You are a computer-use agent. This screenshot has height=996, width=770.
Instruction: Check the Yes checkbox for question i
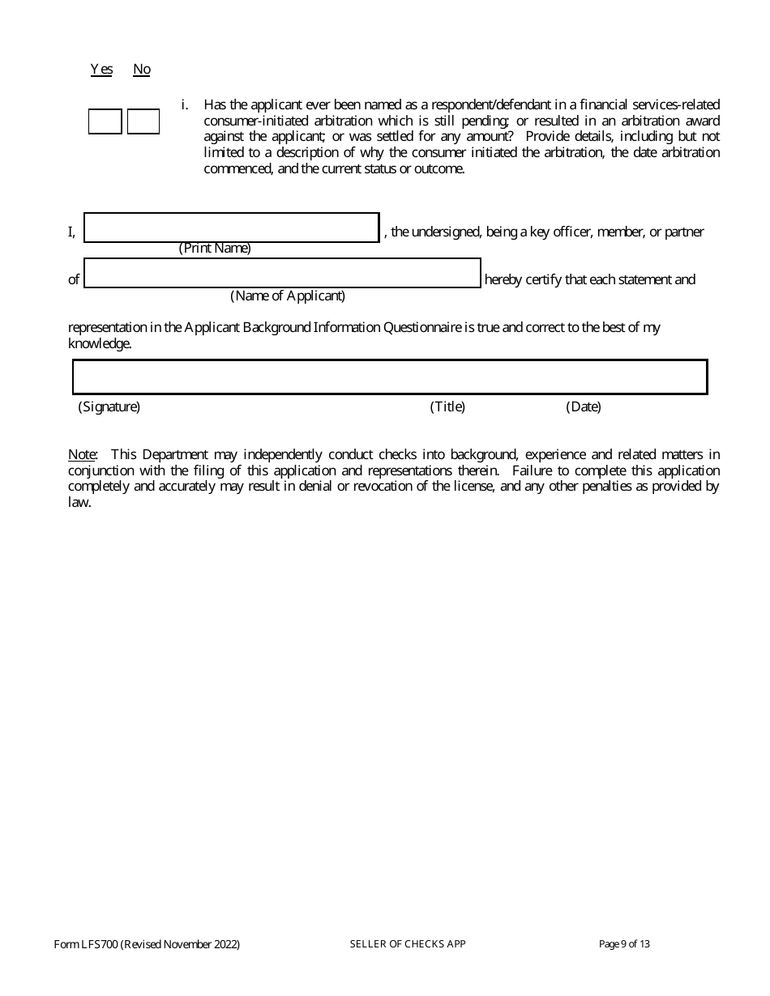click(x=105, y=121)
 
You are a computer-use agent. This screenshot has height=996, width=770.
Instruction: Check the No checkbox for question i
click(x=143, y=121)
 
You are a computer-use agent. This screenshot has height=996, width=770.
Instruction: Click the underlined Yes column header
click(x=101, y=70)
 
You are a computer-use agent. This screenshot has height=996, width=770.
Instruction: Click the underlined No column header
click(x=142, y=70)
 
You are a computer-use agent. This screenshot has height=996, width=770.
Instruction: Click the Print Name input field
click(x=232, y=228)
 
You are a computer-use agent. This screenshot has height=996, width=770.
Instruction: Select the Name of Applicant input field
click(x=282, y=273)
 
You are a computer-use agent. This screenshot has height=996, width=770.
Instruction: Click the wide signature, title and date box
click(x=390, y=377)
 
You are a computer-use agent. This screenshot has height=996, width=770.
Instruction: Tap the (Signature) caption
click(x=109, y=406)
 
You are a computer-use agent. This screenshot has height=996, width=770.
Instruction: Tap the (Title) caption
click(x=447, y=406)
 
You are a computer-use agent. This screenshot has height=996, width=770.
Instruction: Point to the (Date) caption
click(x=584, y=406)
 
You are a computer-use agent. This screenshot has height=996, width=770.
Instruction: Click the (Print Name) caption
click(x=215, y=249)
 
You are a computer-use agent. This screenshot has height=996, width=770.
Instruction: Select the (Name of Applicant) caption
click(x=288, y=296)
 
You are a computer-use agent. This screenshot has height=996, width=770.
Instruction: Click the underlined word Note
click(x=82, y=455)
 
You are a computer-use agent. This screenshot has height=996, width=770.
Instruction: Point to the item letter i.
click(x=185, y=105)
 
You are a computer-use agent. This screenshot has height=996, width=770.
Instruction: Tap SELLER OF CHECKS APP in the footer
click(x=408, y=944)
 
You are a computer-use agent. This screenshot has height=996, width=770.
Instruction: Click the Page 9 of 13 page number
click(x=624, y=944)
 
